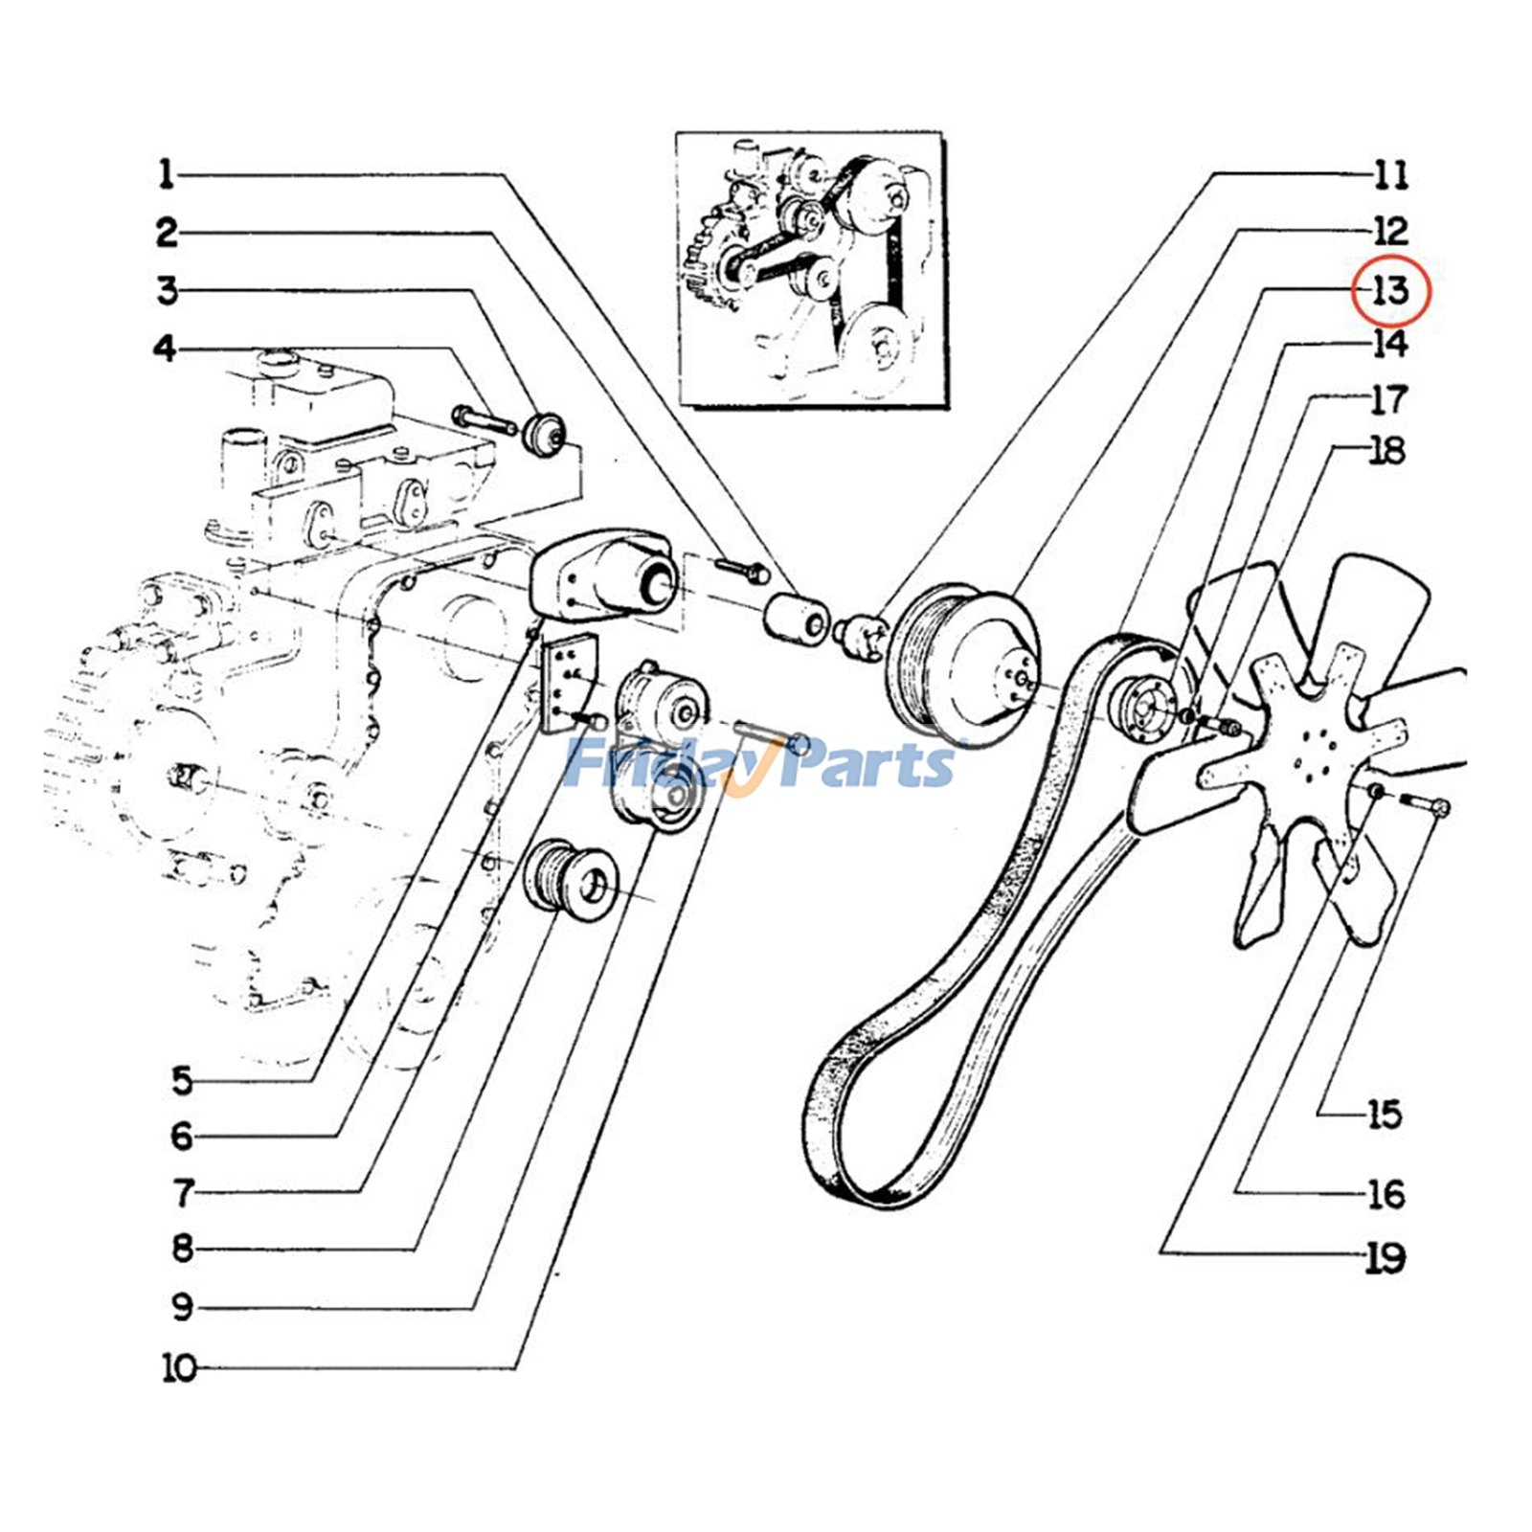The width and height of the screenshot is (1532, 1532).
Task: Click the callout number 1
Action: [167, 174]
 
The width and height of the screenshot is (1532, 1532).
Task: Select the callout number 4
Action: [165, 349]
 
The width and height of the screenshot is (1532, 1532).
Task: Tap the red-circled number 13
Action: [1389, 289]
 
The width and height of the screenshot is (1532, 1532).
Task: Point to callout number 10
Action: [179, 1367]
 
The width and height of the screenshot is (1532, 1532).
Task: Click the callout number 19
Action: [1385, 1257]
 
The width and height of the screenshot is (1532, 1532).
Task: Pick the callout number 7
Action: [183, 1193]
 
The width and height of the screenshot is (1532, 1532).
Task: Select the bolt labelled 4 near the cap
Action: [484, 420]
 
